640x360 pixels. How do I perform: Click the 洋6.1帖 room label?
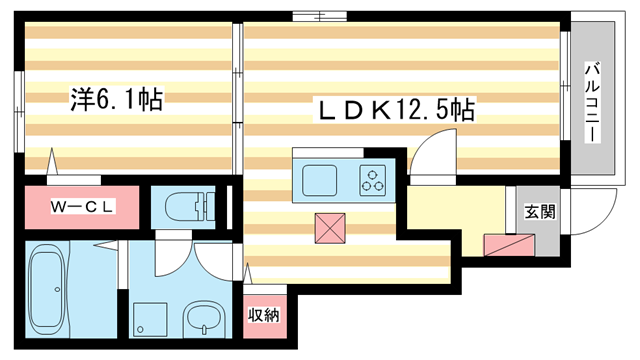(116, 99)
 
